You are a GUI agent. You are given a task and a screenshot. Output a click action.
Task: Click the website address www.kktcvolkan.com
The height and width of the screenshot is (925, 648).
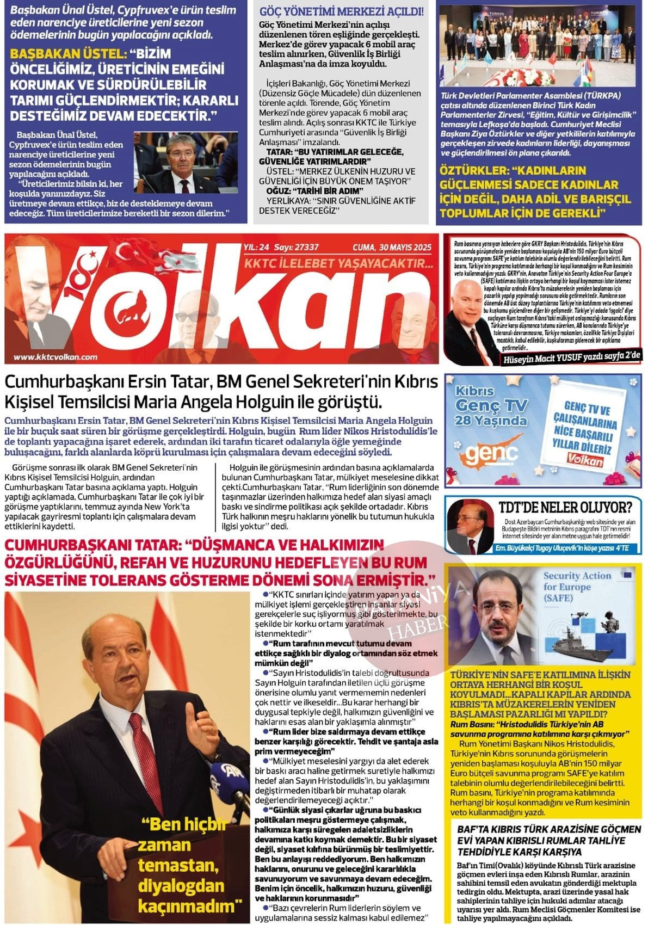55,357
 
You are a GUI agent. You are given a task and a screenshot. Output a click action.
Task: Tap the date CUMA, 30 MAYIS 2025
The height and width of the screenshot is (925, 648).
392,248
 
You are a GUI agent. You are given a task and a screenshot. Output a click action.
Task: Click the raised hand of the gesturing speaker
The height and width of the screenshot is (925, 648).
200,726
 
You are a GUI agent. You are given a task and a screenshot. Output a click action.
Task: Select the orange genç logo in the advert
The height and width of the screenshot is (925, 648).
484,454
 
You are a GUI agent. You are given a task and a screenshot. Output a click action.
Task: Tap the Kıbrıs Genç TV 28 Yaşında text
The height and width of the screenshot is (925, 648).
490,406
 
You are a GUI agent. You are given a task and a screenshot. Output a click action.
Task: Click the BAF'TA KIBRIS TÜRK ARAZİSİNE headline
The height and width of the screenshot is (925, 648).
549,840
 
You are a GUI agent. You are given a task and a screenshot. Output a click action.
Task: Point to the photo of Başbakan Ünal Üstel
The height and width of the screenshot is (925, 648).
185,163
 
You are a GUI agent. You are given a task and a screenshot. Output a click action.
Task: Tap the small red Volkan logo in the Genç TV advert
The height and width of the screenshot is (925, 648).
584,460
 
